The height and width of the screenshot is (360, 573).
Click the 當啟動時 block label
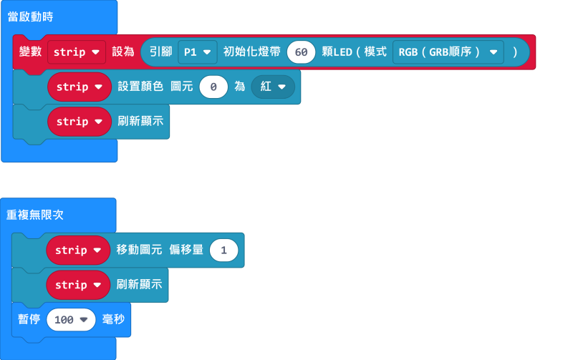click(x=30, y=16)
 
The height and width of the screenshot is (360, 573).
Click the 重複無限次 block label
click(x=35, y=215)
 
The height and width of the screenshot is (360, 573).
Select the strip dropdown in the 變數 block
click(x=77, y=52)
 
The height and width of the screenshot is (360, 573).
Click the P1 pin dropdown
click(x=197, y=52)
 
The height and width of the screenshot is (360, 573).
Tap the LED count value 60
click(x=302, y=52)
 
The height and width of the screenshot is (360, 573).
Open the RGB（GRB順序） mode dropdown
click(x=448, y=52)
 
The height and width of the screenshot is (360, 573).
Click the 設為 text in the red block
click(x=123, y=52)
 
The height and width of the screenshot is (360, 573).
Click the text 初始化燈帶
click(x=251, y=52)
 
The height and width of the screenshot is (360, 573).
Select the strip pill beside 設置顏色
click(x=79, y=87)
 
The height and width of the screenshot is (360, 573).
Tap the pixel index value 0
click(x=213, y=87)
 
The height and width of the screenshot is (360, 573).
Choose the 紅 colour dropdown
click(x=272, y=87)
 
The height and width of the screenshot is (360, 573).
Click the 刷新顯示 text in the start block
click(x=140, y=121)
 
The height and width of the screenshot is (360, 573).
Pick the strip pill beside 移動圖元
click(x=77, y=250)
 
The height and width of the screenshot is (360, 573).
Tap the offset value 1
click(x=224, y=250)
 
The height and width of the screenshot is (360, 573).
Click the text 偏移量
click(x=186, y=250)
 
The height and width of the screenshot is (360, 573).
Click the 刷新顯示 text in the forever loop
click(x=139, y=284)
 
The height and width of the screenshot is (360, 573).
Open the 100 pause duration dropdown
click(x=71, y=319)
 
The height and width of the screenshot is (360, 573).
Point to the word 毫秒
click(x=114, y=319)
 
